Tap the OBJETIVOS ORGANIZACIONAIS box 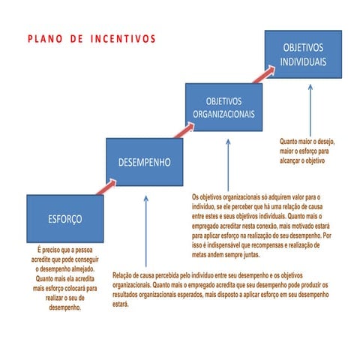[x=224, y=108]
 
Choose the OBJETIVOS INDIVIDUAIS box [x=304, y=55]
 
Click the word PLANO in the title [x=46, y=37]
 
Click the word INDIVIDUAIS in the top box [x=304, y=61]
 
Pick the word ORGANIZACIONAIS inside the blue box [x=224, y=114]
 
